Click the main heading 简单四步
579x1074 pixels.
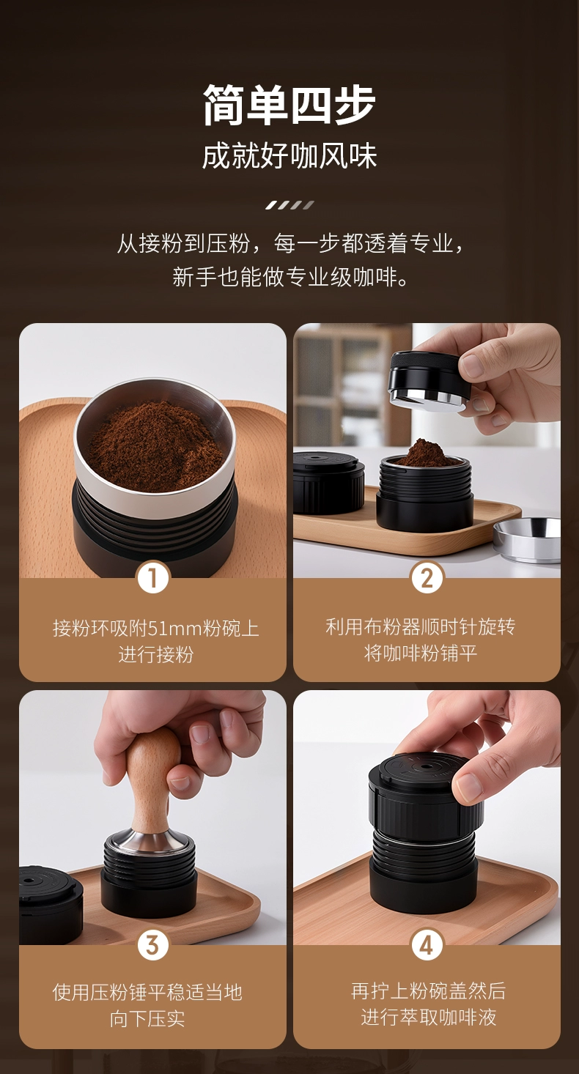[x=289, y=105]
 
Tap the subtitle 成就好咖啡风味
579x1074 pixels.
[x=289, y=155]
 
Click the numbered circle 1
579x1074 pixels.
[x=153, y=578]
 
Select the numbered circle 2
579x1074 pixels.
[x=427, y=578]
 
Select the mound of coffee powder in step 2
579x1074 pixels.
[x=424, y=453]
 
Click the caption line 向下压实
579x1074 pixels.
[x=147, y=1019]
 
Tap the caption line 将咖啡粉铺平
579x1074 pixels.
[x=421, y=653]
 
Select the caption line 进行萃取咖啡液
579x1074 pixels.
[x=428, y=1017]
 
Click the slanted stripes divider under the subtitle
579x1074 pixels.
[x=289, y=205]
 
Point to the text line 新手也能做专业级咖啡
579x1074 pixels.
[x=289, y=277]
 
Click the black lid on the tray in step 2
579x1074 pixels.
[x=328, y=482]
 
